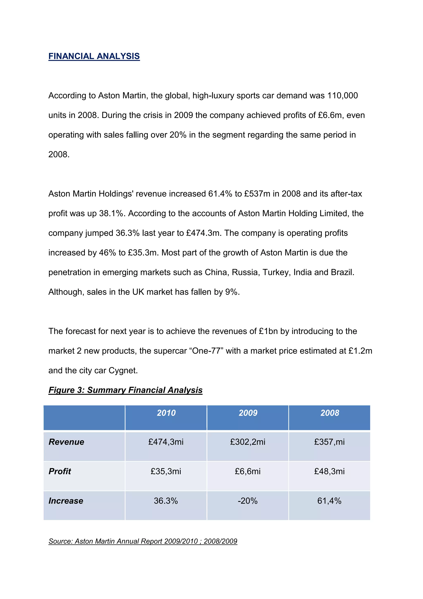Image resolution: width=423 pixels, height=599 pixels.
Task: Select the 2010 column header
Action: (166, 413)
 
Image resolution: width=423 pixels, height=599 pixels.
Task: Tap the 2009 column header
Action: (248, 413)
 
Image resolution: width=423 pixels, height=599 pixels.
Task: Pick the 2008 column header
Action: (330, 413)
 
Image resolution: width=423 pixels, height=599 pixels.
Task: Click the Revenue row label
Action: (67, 442)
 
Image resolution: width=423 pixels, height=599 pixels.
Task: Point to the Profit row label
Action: (60, 471)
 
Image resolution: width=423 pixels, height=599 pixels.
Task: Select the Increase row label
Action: (66, 501)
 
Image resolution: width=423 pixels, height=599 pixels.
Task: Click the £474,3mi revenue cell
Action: (166, 442)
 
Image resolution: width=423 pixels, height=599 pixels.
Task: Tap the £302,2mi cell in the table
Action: (248, 442)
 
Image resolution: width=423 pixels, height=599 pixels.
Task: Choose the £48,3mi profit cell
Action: (329, 471)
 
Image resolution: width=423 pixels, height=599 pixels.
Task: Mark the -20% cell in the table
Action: (248, 501)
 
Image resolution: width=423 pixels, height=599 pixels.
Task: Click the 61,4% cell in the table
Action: (329, 501)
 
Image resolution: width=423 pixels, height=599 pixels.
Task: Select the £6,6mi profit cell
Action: (248, 471)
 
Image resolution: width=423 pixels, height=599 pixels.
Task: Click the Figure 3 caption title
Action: (125, 390)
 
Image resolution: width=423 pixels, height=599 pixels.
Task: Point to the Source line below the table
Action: (143, 541)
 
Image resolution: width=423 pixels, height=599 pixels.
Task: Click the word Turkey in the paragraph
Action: (276, 272)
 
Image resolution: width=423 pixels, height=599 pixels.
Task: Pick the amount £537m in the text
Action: (257, 194)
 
